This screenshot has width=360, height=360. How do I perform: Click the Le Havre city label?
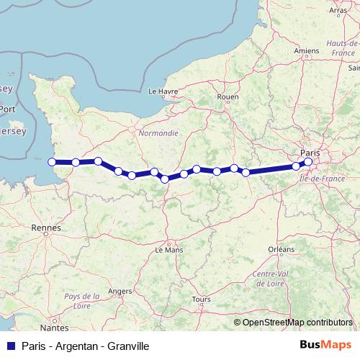(162, 91)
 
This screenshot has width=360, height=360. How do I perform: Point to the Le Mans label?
(169, 250)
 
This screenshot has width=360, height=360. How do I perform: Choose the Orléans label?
(281, 249)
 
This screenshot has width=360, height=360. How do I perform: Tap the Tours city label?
(201, 299)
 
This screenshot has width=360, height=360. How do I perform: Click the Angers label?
(120, 291)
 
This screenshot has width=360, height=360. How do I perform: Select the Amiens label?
(307, 52)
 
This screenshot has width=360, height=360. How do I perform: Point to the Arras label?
(337, 11)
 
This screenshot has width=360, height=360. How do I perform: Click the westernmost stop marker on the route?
(51, 162)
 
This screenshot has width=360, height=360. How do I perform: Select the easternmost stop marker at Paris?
(308, 162)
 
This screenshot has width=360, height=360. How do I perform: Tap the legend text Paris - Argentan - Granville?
(85, 346)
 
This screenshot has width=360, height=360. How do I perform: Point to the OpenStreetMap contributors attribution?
(297, 322)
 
